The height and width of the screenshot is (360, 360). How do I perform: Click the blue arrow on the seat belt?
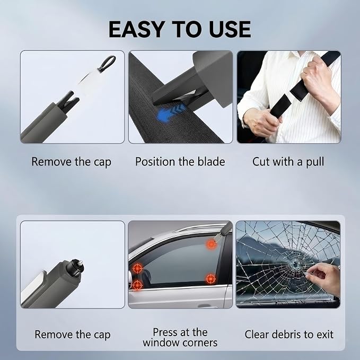coord(170,112)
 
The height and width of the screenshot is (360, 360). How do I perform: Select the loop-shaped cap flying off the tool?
coord(107,63)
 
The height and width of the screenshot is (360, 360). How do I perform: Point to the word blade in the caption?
coord(211,162)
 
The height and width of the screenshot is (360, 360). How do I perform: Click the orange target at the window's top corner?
coord(211,244)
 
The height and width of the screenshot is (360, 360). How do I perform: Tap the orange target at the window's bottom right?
coord(210,279)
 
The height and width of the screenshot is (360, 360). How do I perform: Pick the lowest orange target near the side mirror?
coord(137,285)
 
